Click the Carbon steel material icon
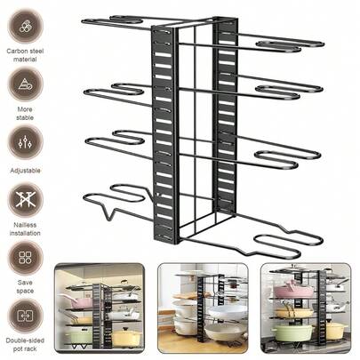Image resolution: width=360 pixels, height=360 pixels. pyautogui.click(x=25, y=26)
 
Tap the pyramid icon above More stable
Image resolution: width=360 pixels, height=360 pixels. pyautogui.click(x=25, y=84)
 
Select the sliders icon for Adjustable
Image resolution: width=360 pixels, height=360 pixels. pyautogui.click(x=25, y=142)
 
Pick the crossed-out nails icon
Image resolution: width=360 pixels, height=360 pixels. pyautogui.click(x=25, y=199)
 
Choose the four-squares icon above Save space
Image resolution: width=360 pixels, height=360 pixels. pyautogui.click(x=25, y=257)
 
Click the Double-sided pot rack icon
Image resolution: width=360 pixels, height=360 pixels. pyautogui.click(x=25, y=316)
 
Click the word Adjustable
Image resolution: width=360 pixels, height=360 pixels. pyautogui.click(x=25, y=171)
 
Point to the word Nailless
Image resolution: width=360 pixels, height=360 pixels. pyautogui.click(x=25, y=225)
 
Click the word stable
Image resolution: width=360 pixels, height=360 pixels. pyautogui.click(x=25, y=117)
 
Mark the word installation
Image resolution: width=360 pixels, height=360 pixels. pyautogui.click(x=25, y=233)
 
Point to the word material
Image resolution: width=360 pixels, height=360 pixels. pyautogui.click(x=25, y=60)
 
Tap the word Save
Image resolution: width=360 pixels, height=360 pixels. pyautogui.click(x=25, y=283)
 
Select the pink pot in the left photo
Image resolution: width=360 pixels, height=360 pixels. pyautogui.click(x=78, y=302)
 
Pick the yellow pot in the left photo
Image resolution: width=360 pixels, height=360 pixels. pyautogui.click(x=125, y=336)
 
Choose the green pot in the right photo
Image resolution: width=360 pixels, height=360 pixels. pyautogui.click(x=292, y=332)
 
